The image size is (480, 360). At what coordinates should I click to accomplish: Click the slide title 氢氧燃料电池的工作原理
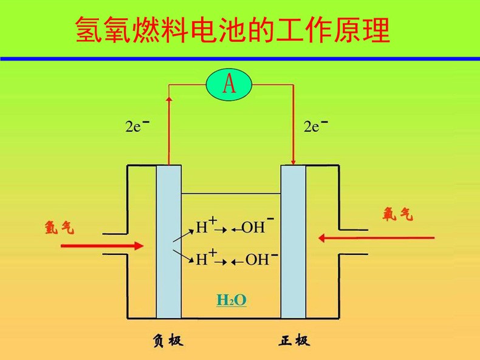click(x=233, y=30)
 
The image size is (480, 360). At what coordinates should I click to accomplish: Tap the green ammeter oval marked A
click(x=229, y=84)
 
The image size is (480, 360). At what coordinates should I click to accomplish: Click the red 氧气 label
click(x=398, y=214)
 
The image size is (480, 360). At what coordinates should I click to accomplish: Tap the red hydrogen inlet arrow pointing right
click(x=103, y=245)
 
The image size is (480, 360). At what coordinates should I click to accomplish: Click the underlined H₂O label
click(x=231, y=300)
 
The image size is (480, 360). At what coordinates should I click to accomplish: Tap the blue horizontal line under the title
click(x=240, y=58)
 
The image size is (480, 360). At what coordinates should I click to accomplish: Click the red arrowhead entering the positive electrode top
click(x=293, y=161)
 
